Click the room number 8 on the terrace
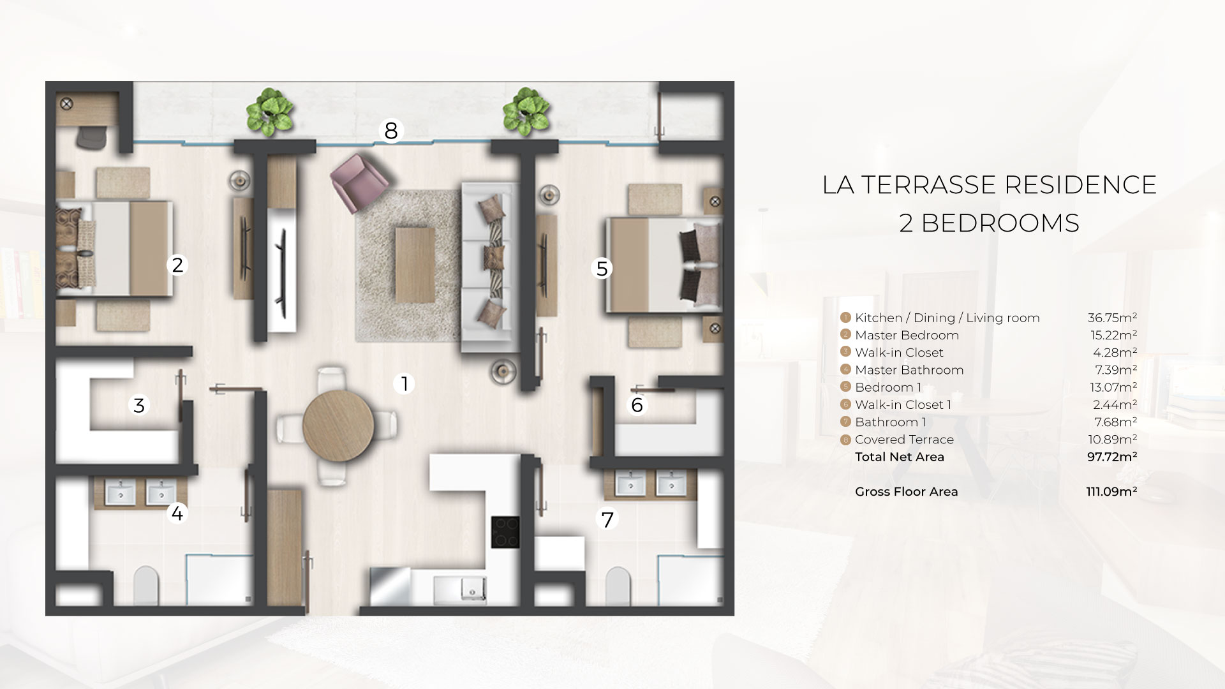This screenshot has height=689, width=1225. (x=391, y=131)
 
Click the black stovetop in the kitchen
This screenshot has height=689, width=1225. (x=505, y=532)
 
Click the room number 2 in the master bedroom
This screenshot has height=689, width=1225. (x=177, y=265)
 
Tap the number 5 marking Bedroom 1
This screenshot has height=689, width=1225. (x=602, y=269)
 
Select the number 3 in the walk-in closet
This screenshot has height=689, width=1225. (x=139, y=405)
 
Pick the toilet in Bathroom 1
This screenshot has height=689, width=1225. (x=618, y=585)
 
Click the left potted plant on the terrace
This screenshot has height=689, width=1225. (x=269, y=112)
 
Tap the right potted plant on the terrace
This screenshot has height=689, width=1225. (x=526, y=112)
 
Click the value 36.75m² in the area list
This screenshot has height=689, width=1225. (x=1112, y=318)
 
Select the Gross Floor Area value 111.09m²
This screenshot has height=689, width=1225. (x=1111, y=491)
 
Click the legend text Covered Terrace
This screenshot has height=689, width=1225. (x=904, y=440)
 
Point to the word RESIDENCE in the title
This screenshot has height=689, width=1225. (x=1080, y=185)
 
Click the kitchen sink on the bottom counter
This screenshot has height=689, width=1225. (x=459, y=589)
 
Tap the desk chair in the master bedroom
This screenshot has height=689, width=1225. (x=93, y=137)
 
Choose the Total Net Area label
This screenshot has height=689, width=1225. (x=900, y=457)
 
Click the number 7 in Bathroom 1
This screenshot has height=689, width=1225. (x=607, y=519)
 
